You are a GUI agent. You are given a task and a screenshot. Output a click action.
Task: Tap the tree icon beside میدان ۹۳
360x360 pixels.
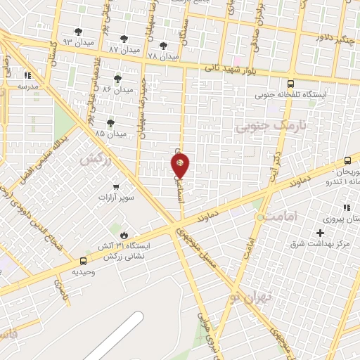77,32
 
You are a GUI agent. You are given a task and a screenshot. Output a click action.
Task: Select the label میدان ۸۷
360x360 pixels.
124,50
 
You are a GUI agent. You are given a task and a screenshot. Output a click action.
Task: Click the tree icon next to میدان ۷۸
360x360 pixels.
163,46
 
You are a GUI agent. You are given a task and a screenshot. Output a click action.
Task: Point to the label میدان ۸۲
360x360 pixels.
117,90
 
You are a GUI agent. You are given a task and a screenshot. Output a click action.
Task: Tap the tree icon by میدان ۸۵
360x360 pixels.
110,123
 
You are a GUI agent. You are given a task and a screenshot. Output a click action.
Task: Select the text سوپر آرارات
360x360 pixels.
117,199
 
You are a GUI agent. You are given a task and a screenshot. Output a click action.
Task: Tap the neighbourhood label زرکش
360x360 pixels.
97,160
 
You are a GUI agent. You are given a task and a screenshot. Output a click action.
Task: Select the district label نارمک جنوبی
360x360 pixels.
262,127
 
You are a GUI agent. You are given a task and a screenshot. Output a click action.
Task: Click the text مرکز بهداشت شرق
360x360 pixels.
321,245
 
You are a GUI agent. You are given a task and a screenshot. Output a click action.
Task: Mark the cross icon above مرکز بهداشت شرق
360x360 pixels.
321,233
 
